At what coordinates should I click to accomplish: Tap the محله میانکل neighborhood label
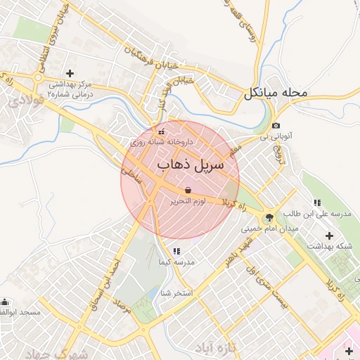point(276,93)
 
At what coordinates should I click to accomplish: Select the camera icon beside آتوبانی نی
point(276,126)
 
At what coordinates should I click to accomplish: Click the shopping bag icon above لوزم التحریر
point(188,191)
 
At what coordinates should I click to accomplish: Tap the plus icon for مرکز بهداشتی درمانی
point(70,73)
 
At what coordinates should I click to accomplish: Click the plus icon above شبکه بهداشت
point(329,235)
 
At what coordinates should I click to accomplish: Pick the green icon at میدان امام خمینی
point(269,217)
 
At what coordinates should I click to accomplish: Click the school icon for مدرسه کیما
point(176,251)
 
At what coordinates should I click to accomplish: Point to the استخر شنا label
point(176,292)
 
